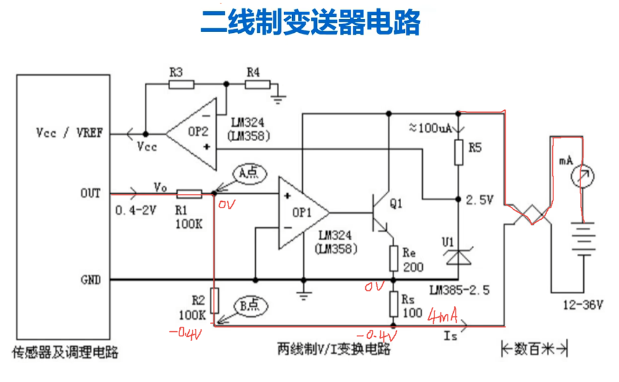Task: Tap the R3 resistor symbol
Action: coord(181,84)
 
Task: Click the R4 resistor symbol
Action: coord(258,84)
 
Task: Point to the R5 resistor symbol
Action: coord(458,152)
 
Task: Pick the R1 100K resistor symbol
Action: coord(189,194)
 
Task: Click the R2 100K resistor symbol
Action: coord(214,301)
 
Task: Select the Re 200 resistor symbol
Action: coord(394,258)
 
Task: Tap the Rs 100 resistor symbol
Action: coord(394,304)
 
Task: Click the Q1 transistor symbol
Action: coord(381,214)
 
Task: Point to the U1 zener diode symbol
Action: coord(458,256)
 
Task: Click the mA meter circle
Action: coord(582,176)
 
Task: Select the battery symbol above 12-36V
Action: coord(583,240)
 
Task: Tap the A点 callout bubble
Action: coord(250,173)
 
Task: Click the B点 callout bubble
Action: coord(250,306)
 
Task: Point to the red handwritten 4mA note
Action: coord(443,315)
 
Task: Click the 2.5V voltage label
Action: coord(480,200)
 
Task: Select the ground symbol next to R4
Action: coord(279,99)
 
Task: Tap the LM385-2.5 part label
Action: coord(459,290)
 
